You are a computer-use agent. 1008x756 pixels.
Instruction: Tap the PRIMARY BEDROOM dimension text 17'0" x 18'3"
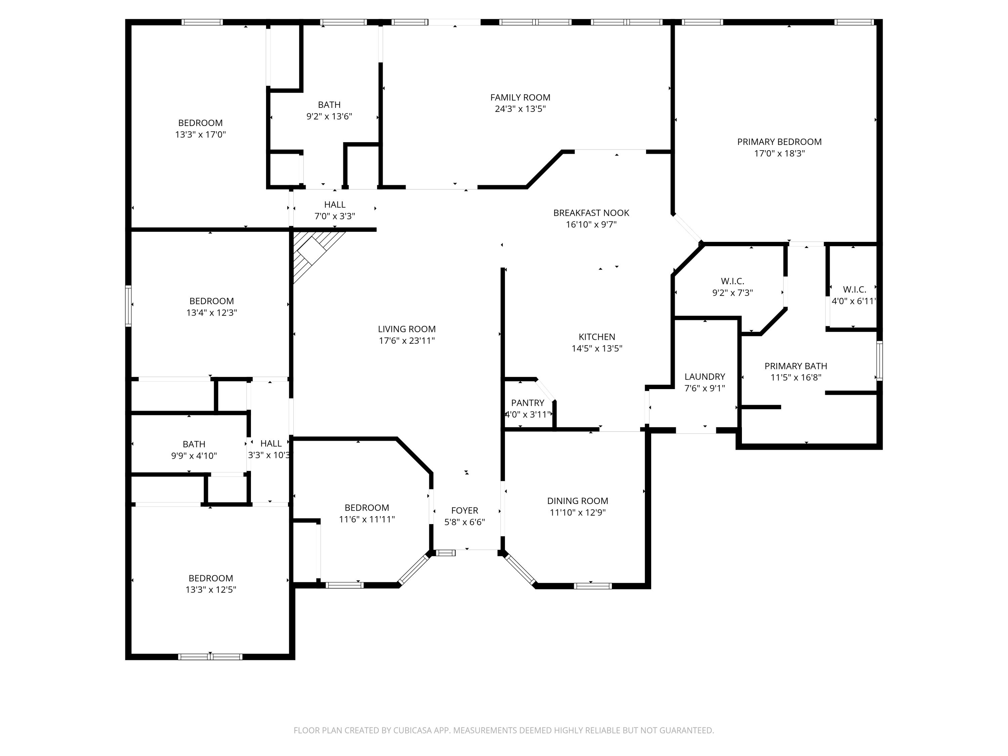click(779, 154)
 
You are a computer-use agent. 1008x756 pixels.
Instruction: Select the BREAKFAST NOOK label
click(591, 213)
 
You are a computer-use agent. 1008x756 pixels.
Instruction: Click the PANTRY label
click(527, 403)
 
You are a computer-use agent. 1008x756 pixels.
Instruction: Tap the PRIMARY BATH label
click(796, 366)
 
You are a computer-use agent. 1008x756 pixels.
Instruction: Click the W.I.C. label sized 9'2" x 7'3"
click(732, 281)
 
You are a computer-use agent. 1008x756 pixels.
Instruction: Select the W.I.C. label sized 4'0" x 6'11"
click(854, 289)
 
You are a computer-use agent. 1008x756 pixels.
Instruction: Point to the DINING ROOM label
click(577, 501)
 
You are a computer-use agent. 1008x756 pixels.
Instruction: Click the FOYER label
click(464, 510)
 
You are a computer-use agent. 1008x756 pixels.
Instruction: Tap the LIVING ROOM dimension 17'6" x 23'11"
click(407, 341)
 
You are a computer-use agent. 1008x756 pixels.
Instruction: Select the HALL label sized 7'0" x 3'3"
click(334, 205)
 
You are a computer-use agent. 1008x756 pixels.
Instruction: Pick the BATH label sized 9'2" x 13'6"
click(329, 105)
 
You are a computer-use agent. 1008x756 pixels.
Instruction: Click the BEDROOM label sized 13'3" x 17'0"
click(200, 123)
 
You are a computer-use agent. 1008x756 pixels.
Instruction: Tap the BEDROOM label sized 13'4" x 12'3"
click(211, 301)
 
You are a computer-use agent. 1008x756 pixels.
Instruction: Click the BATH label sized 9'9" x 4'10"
click(194, 444)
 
